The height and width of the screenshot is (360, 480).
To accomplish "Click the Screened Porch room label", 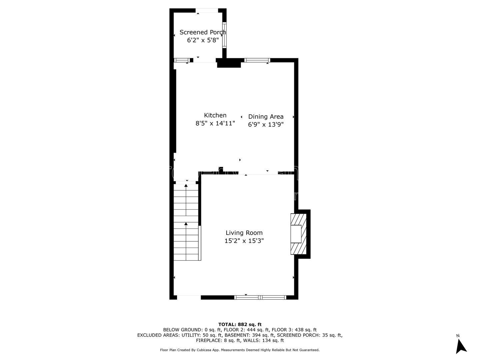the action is click(203, 32).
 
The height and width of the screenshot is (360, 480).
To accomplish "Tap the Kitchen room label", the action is click(215, 115).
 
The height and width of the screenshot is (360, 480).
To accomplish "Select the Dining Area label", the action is click(266, 117).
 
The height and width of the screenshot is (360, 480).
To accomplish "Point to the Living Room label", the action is click(244, 233).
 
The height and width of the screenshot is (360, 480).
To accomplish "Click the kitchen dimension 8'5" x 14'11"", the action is click(215, 123).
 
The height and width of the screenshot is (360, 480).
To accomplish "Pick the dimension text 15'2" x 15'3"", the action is click(244, 241).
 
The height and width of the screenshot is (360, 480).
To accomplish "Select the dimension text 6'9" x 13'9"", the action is click(266, 125).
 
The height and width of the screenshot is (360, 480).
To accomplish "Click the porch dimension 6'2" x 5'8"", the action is click(203, 40).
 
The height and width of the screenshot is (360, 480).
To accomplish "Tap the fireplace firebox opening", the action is click(296, 234).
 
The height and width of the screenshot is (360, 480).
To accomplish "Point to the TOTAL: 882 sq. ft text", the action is click(240, 324).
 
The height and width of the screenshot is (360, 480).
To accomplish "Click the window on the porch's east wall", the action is click(224, 35).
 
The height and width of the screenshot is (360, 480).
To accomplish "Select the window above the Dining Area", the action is click(257, 60).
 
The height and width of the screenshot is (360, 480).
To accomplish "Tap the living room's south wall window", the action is click(260, 297).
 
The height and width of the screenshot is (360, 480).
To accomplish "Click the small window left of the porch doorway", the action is click(182, 60).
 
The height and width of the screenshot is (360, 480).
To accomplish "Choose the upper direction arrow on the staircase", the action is click(186, 200).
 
